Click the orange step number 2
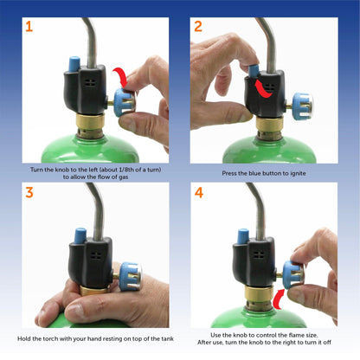coord(198,26)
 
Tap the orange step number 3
coord(29,192)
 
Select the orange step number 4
coord(199,192)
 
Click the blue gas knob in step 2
coord(300,106)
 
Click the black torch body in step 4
coord(256,264)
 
